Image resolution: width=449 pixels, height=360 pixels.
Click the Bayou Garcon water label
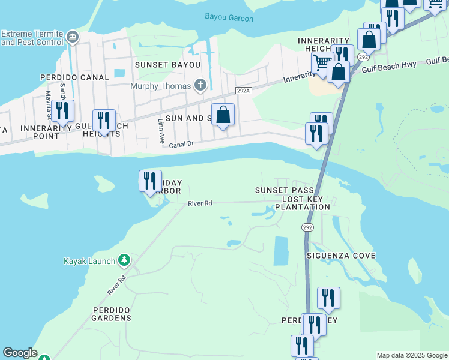click(x=229, y=18)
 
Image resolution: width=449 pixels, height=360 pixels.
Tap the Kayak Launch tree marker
click(x=124, y=260)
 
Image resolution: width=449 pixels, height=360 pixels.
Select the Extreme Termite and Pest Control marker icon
click(x=73, y=37)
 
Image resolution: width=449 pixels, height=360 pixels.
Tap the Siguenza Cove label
click(x=340, y=256)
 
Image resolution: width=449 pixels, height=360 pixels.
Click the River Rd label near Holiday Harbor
click(x=200, y=203)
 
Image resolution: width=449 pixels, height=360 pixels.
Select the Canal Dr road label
click(x=182, y=145)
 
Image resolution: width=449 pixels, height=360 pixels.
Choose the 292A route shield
click(x=243, y=91)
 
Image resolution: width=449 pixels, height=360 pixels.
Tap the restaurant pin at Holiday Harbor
click(x=150, y=181)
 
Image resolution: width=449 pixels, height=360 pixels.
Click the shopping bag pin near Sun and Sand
click(x=223, y=114)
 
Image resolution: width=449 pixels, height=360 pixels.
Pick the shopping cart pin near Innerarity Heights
click(x=322, y=62)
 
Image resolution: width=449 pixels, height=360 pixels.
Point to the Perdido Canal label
click(x=74, y=77)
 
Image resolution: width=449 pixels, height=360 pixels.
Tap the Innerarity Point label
click(x=40, y=132)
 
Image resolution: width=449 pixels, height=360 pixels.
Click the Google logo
click(x=20, y=353)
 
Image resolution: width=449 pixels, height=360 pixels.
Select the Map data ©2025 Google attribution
click(x=412, y=355)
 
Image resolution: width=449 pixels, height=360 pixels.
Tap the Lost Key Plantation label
click(x=303, y=203)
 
